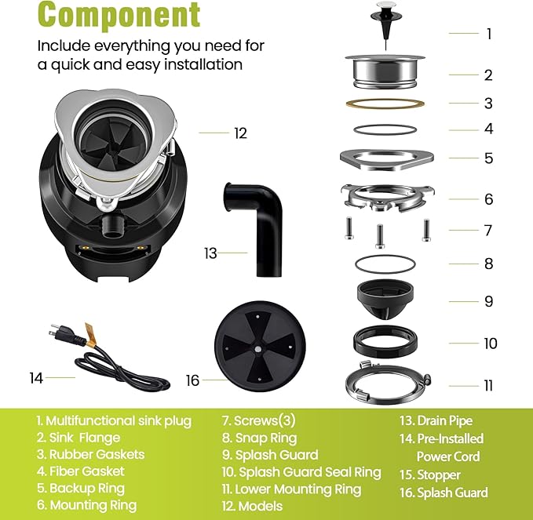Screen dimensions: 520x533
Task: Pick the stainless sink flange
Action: [384, 72]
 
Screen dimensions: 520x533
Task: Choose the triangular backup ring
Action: [384, 157]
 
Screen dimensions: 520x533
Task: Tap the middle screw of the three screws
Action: [380, 234]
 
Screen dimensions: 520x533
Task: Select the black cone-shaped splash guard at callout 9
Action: [384, 300]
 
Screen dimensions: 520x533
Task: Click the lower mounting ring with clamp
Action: [384, 384]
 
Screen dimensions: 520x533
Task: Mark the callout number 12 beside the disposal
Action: [240, 133]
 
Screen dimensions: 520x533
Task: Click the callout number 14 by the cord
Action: [36, 378]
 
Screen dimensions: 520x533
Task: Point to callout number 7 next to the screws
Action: [488, 231]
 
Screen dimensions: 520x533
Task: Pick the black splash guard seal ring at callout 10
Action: [384, 342]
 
